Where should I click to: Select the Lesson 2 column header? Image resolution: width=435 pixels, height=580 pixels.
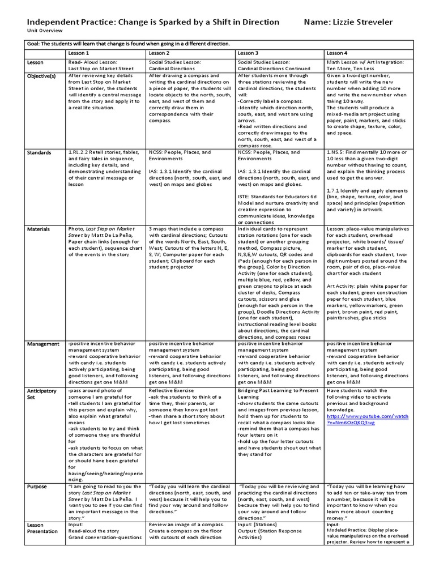160,52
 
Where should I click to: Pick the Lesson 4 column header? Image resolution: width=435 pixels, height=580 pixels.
338,52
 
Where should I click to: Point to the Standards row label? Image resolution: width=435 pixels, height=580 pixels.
38,153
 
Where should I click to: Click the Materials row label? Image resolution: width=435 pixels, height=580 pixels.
38,229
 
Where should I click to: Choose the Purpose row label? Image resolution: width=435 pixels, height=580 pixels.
37,487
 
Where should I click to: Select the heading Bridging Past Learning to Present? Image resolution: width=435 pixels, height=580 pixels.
278,390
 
